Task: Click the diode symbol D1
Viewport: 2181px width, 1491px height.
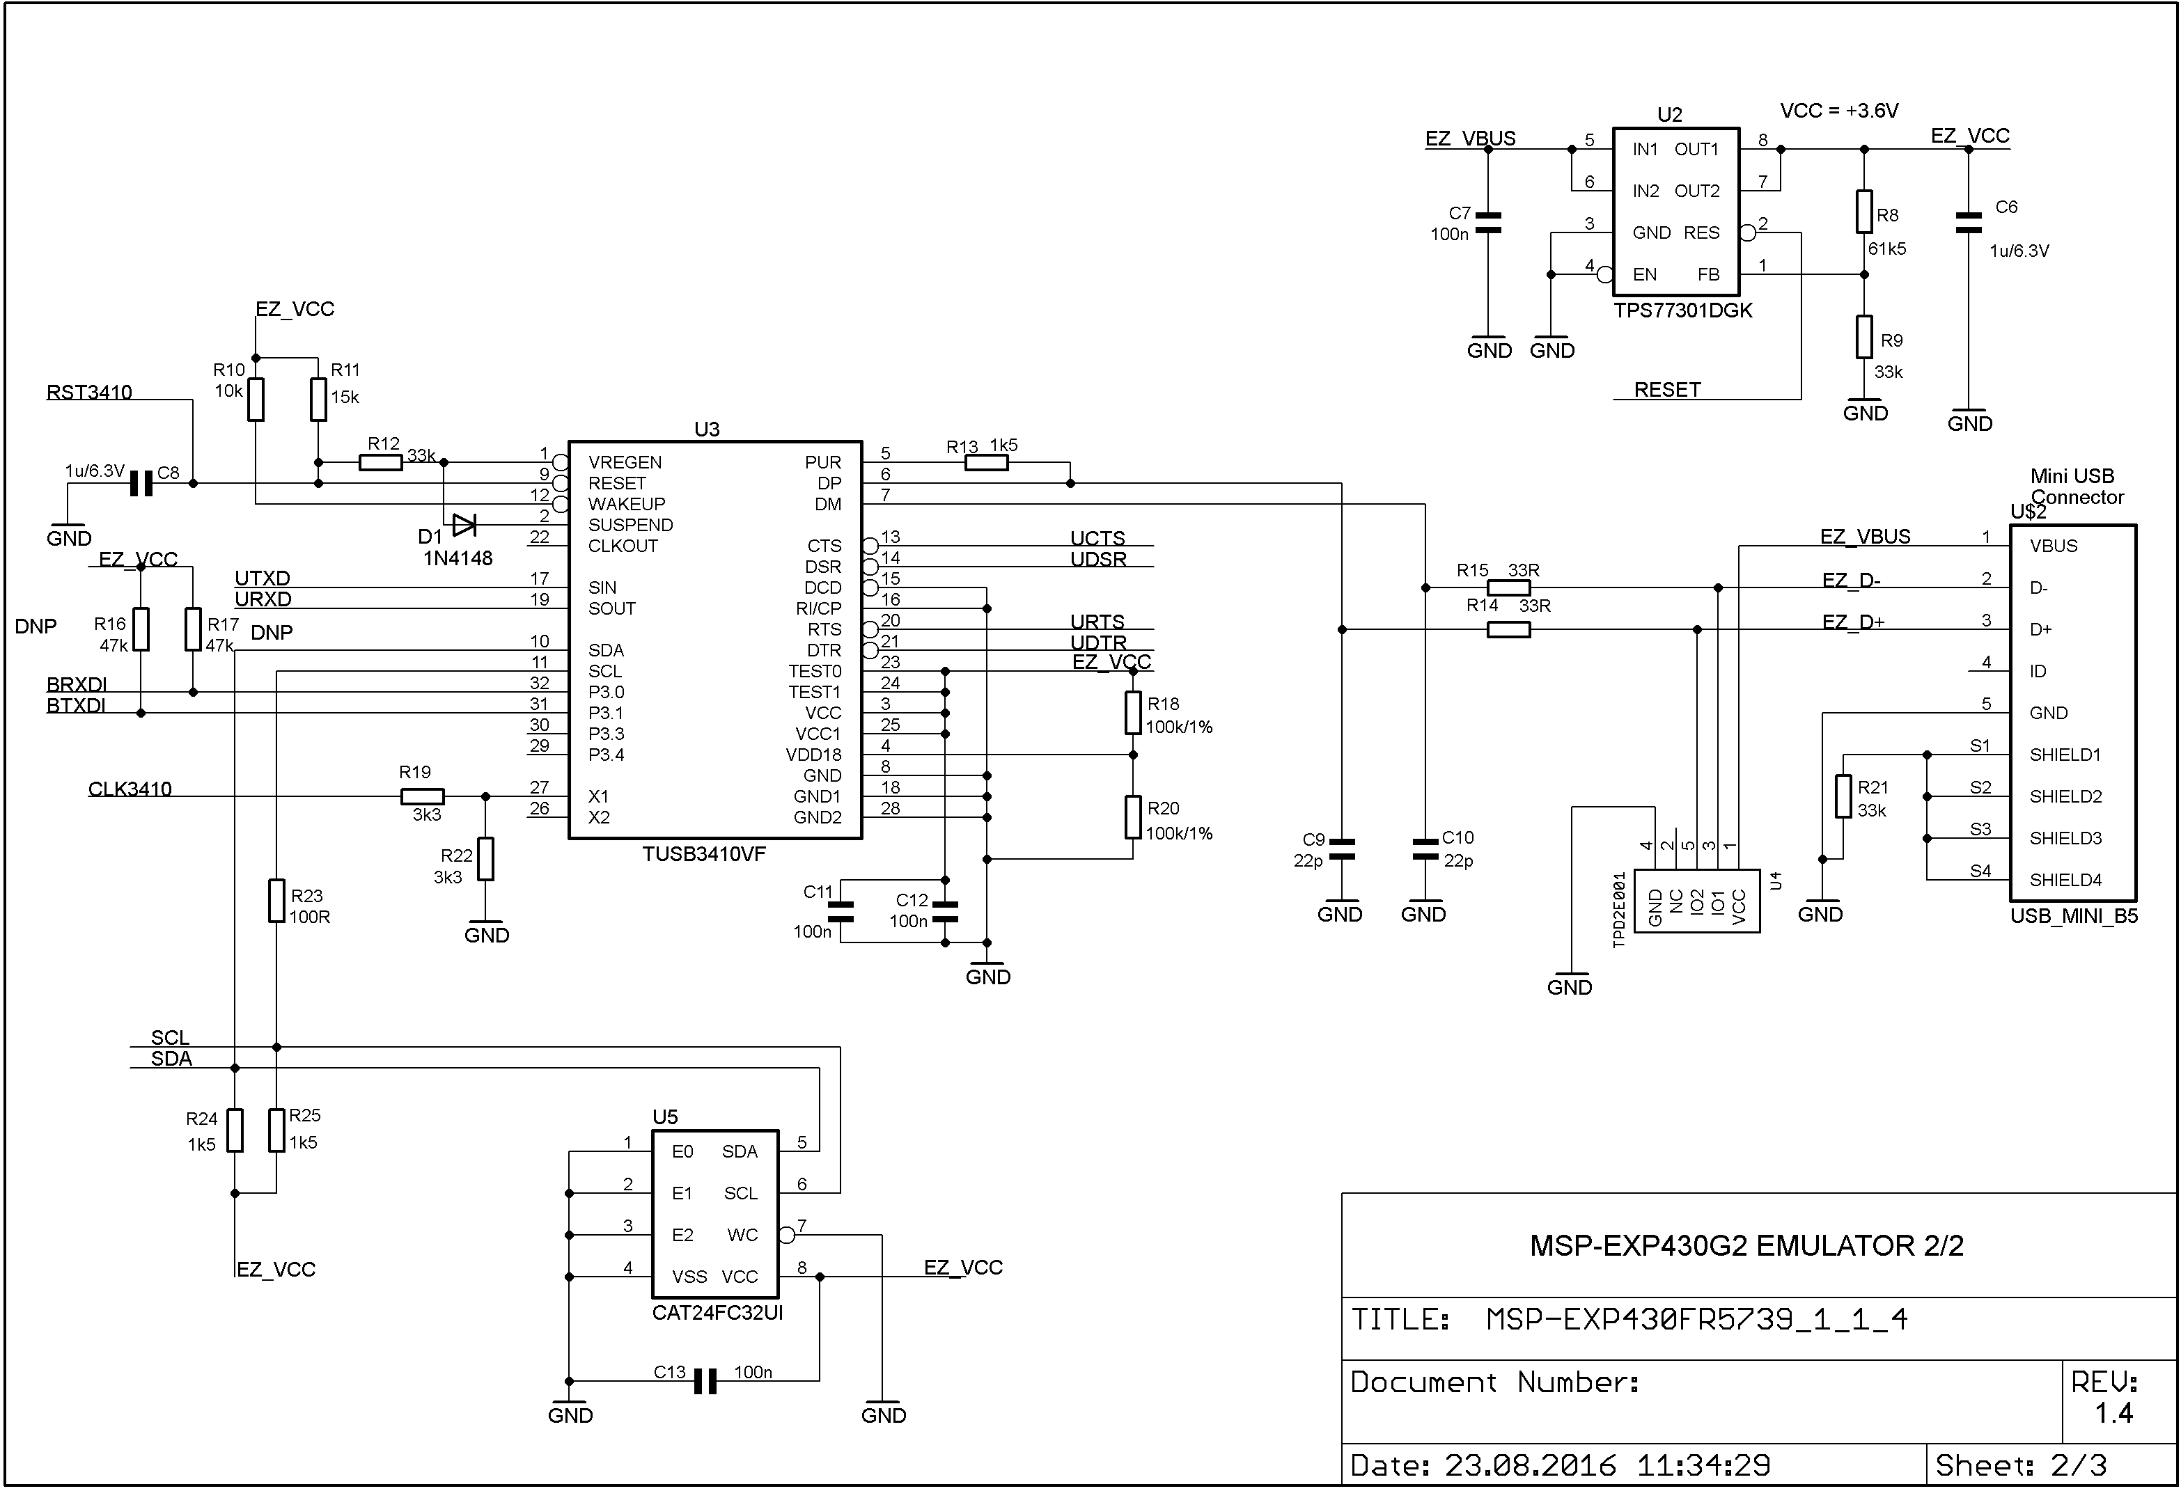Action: tap(464, 525)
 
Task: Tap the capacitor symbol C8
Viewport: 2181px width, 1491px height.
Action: tap(141, 483)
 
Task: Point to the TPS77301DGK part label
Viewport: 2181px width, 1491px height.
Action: tap(1682, 310)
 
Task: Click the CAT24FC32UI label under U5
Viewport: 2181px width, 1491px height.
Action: tap(717, 1313)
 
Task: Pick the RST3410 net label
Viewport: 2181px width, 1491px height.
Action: tap(89, 392)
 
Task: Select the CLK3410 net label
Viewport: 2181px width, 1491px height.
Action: tap(130, 789)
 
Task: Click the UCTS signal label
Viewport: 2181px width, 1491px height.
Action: tap(1097, 537)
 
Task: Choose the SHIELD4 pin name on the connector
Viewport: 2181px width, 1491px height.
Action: tap(2065, 880)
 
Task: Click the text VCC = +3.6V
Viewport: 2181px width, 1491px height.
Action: tap(1838, 111)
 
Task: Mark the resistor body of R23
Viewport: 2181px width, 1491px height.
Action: tap(277, 901)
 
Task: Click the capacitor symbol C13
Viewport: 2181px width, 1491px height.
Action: tap(705, 1381)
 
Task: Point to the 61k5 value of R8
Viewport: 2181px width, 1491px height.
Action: tap(1886, 248)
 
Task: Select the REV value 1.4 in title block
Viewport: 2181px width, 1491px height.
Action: tap(2113, 1413)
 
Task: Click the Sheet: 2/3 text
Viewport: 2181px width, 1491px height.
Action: tap(2021, 1465)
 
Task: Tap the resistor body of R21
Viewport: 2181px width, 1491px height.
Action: tap(1843, 796)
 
